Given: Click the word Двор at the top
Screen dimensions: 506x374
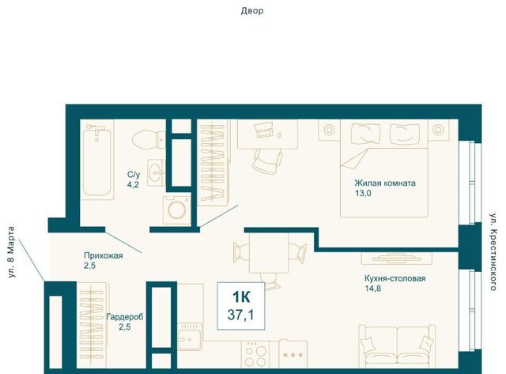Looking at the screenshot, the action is [x=252, y=11].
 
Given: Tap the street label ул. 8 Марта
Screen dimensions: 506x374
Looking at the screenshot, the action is [x=11, y=252].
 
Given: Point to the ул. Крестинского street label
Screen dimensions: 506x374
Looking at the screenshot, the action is [x=493, y=251].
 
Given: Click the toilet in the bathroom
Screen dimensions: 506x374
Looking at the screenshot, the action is [x=149, y=138].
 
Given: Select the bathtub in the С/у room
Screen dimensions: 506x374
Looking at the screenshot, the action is [x=96, y=161].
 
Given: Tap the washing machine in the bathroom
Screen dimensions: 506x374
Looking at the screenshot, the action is [x=177, y=210].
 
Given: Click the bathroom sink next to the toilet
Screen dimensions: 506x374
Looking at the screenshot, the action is [x=157, y=172].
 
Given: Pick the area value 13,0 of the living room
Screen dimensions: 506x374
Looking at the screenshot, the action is [x=363, y=193].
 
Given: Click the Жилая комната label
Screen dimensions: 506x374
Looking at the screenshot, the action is [x=385, y=183].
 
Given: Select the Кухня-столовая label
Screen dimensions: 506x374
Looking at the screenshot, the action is [x=395, y=278].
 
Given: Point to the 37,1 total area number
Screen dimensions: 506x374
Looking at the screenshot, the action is [x=240, y=315].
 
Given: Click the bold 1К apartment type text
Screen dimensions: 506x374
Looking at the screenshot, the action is [x=241, y=297].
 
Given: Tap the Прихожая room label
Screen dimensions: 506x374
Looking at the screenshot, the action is [x=104, y=255].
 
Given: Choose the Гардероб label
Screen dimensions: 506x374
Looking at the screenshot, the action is [x=125, y=317].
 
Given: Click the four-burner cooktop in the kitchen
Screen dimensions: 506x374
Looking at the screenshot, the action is [x=255, y=354].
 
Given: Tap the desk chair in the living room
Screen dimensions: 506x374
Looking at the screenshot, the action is [x=267, y=161].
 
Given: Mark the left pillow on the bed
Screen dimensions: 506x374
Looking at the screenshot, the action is [x=362, y=131].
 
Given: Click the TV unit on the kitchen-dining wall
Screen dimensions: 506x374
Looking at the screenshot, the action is [x=397, y=258].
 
